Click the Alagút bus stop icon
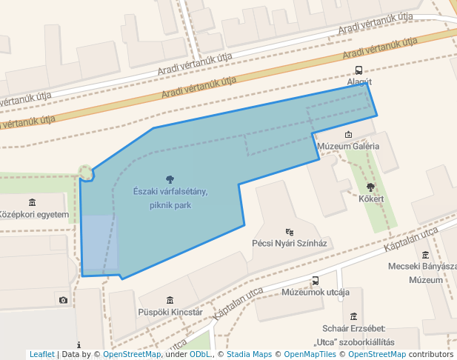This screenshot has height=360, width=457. [x=359, y=70]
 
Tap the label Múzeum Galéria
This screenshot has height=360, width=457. [x=347, y=146]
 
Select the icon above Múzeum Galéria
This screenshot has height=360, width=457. [x=349, y=134]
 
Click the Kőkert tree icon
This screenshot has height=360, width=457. [x=370, y=187]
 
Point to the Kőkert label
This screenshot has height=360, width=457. [x=371, y=199]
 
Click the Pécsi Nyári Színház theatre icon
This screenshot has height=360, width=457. [x=289, y=231]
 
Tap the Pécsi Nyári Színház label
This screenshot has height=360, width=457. [x=290, y=243]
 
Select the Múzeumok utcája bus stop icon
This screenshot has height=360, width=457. [x=316, y=281]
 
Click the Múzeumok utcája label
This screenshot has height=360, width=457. [x=316, y=293]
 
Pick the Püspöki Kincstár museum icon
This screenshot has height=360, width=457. [x=170, y=300]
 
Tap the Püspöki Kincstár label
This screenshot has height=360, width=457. [x=170, y=313]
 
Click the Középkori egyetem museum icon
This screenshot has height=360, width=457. [x=32, y=203]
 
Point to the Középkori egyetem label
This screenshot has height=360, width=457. [x=34, y=216]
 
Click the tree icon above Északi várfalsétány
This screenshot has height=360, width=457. [x=170, y=179]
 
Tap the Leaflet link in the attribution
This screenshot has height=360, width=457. [x=42, y=355]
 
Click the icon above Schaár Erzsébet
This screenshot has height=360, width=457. [x=354, y=316]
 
